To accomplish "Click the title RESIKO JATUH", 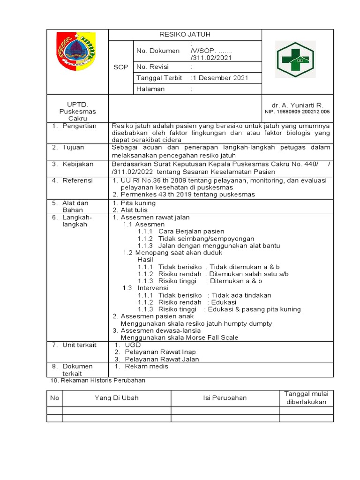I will [185, 35].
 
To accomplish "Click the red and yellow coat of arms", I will [75, 51].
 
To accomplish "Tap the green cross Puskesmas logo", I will [297, 60].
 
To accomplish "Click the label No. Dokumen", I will [158, 51].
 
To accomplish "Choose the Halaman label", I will [150, 89].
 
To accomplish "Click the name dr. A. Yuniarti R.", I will [297, 105].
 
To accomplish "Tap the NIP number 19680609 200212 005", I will [297, 112].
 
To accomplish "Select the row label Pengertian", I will [79, 126].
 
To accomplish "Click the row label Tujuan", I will [73, 147].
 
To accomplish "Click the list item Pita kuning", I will [138, 203].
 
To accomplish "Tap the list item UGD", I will [132, 345].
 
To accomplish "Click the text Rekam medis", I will [146, 366].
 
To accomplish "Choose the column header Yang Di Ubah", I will [116, 398].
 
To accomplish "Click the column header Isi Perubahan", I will [225, 398].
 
